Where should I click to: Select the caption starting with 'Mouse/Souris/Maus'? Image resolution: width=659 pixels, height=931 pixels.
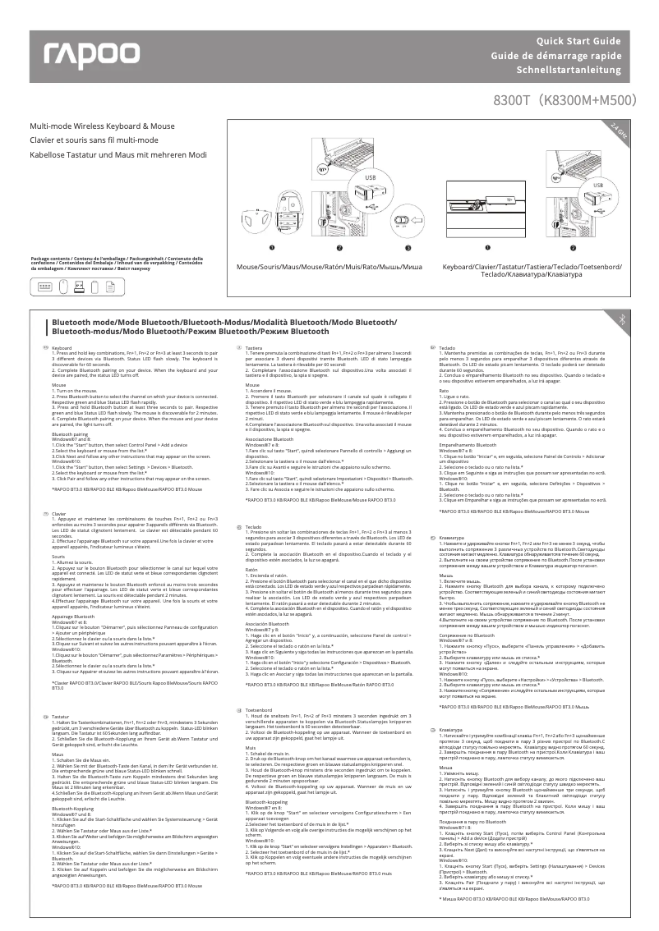[x=329, y=268]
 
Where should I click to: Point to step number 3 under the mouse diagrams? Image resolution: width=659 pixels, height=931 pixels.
[x=406, y=246]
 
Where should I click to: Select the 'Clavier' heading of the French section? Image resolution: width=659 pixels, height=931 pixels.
[x=58, y=513]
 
